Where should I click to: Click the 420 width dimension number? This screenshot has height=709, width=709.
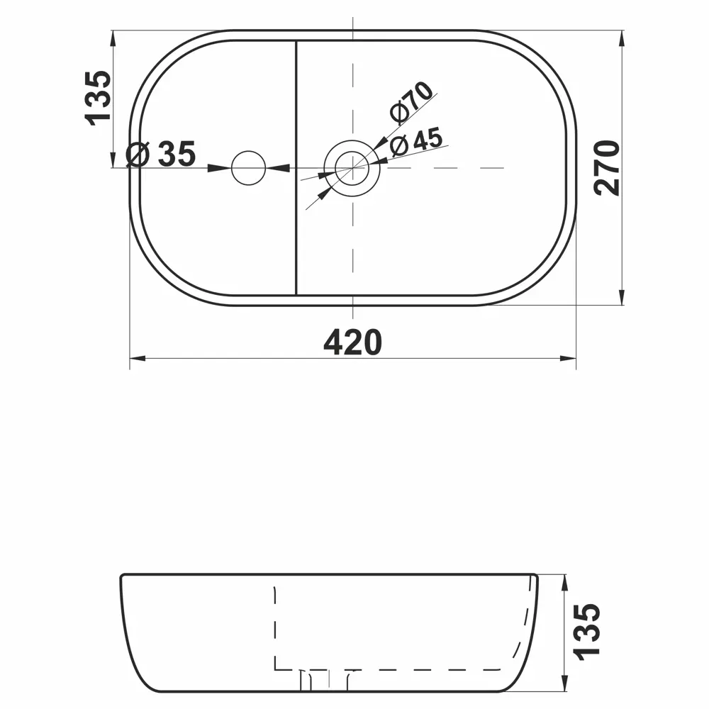352,342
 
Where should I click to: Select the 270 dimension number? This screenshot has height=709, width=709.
608,167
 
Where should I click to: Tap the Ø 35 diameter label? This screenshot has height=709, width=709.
161,154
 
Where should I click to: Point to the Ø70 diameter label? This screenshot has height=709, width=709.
411,102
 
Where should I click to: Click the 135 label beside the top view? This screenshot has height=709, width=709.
98,96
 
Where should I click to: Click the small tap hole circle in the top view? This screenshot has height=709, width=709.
249,168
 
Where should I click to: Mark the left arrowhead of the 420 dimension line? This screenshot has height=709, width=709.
136,359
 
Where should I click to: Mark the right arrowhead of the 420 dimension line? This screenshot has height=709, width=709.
569,359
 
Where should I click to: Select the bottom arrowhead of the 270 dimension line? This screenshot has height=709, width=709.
622,298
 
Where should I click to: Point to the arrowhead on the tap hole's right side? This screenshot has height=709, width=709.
277,168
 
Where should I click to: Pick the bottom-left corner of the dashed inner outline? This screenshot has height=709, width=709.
275,669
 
